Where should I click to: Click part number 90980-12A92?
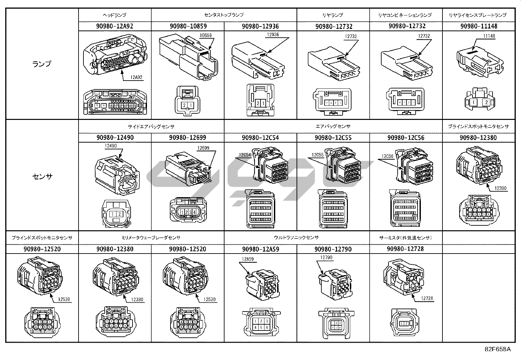[x=115, y=26]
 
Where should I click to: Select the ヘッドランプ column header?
[x=115, y=15]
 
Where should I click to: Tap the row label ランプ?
[x=42, y=64]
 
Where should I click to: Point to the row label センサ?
[x=42, y=177]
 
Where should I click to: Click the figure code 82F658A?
[x=497, y=349]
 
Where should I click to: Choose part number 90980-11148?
[x=478, y=26]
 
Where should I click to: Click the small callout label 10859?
[x=206, y=35]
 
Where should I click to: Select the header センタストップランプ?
[x=224, y=15]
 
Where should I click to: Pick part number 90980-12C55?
[x=333, y=138]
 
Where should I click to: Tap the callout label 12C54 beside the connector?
[x=245, y=155]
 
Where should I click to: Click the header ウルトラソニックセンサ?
[x=296, y=237]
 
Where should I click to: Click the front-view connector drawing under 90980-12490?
[x=115, y=213]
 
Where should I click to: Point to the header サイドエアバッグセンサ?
[x=151, y=126]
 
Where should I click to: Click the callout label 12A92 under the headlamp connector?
[x=137, y=77]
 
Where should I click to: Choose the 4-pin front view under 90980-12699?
[x=188, y=212]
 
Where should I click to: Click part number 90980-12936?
[x=260, y=26]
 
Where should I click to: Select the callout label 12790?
[x=326, y=257]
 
